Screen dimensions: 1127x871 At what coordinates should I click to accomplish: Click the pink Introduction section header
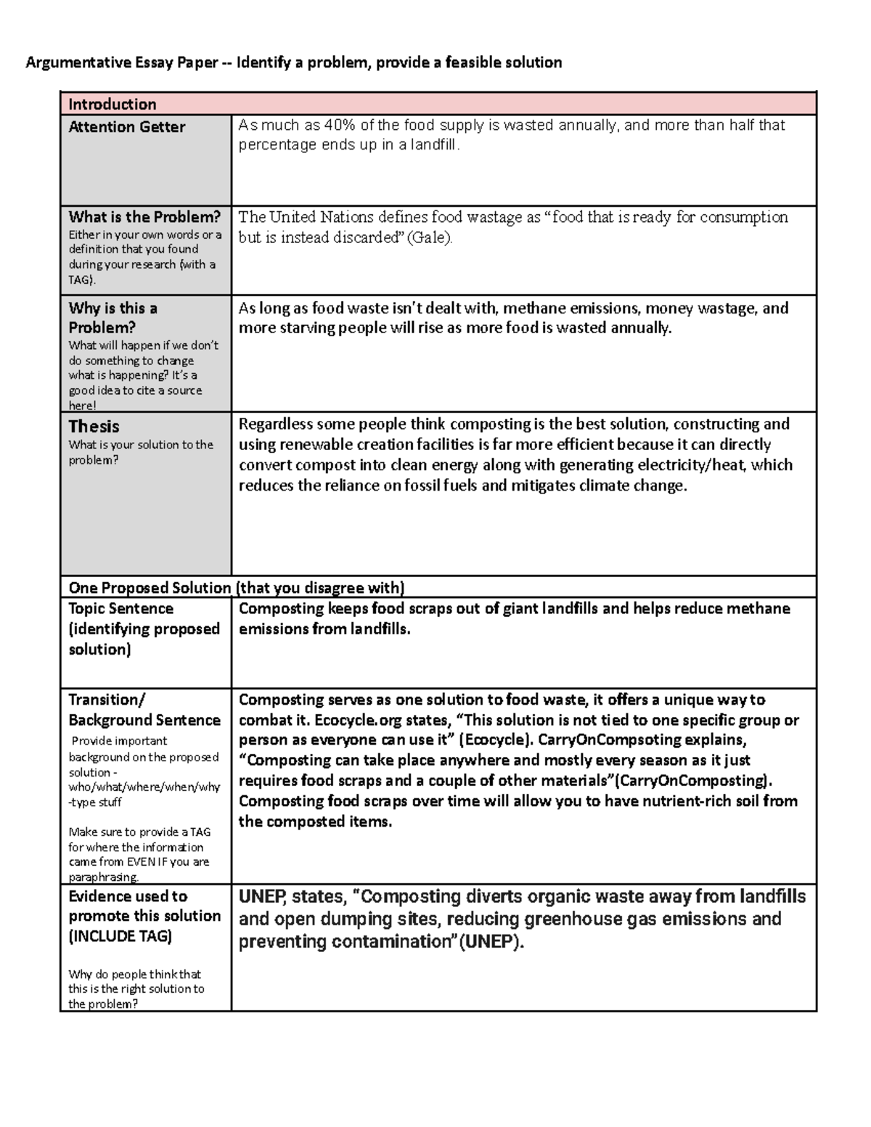112,104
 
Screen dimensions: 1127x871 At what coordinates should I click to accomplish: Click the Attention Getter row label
126,127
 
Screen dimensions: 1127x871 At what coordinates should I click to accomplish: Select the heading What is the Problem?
144,217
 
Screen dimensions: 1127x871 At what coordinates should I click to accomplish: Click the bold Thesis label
94,426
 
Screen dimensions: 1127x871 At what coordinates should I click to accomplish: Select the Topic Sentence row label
120,608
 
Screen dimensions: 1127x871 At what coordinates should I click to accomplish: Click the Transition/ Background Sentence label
144,710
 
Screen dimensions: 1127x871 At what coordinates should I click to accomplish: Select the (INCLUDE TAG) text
120,936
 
